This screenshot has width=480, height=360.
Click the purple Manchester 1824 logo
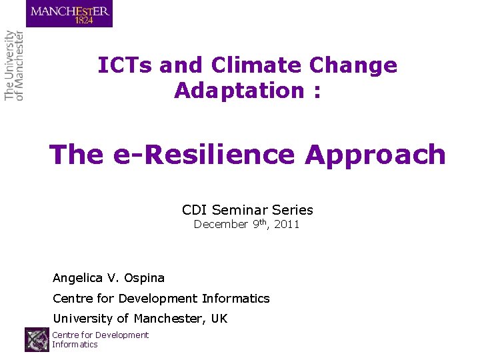point(69,13)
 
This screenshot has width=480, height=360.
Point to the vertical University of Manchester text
point(14,65)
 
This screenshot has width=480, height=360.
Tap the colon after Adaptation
point(315,91)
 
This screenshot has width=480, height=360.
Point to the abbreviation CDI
point(195,210)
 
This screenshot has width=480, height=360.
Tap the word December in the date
point(221,225)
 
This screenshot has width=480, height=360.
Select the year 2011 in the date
point(287,225)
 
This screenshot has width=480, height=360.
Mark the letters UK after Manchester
point(219,319)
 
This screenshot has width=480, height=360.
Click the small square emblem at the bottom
point(37,339)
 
